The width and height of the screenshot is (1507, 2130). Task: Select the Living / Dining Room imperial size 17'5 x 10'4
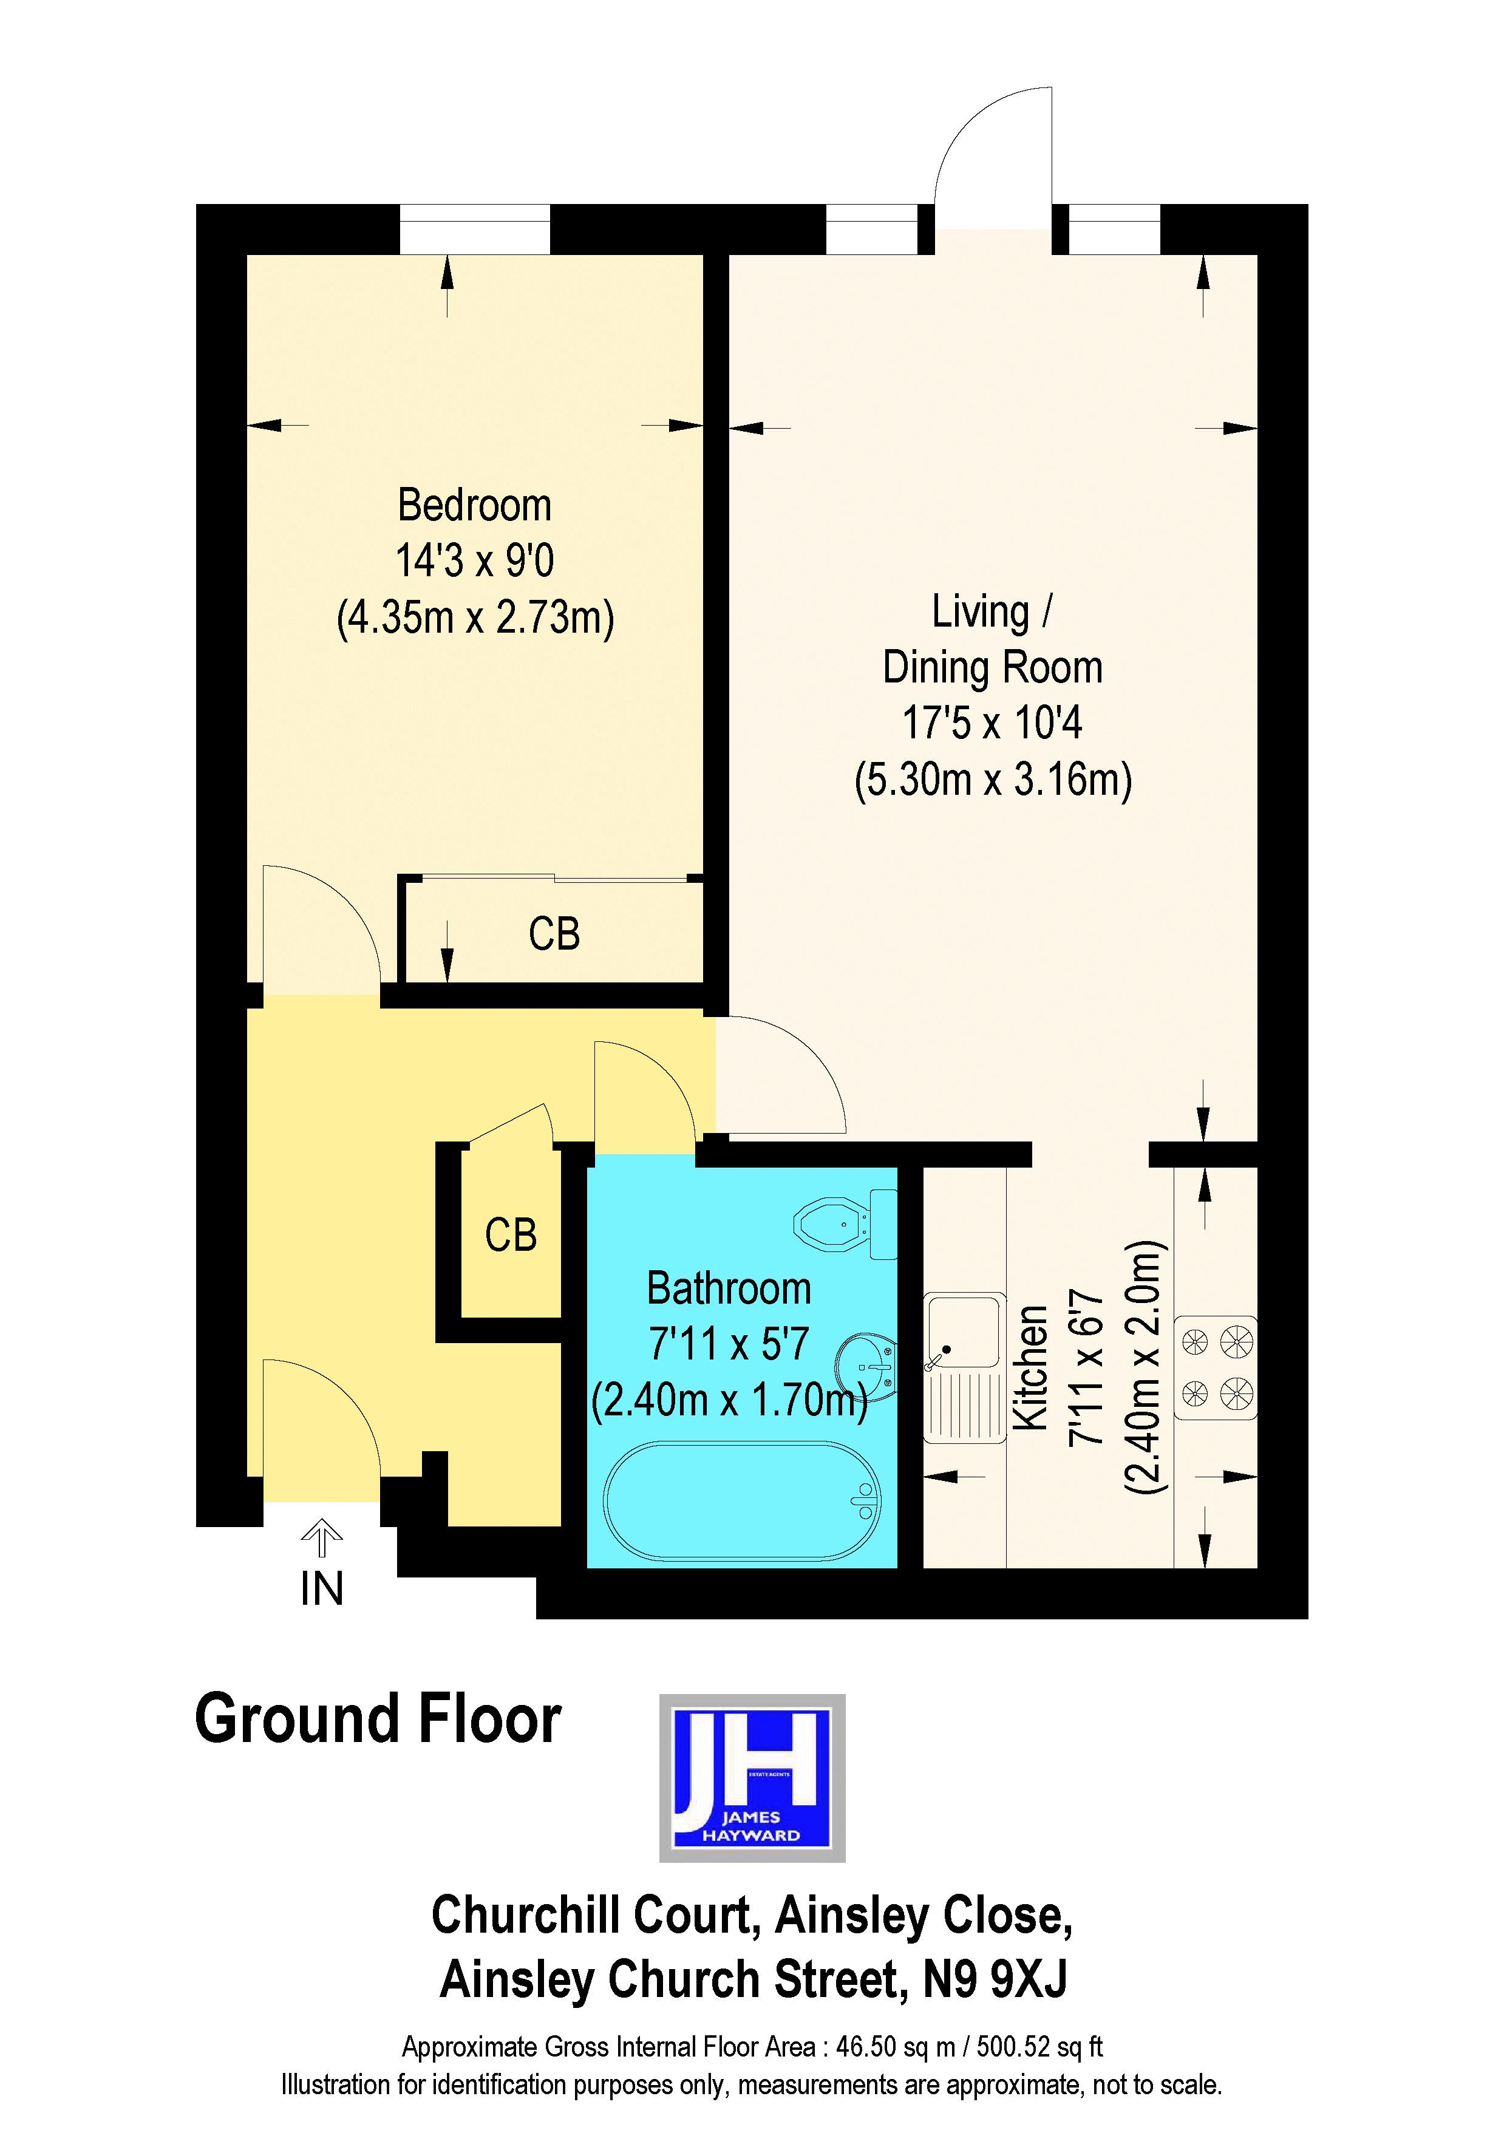click(992, 723)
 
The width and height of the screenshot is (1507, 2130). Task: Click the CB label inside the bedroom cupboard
click(554, 934)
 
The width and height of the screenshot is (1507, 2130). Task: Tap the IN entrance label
click(322, 1589)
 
